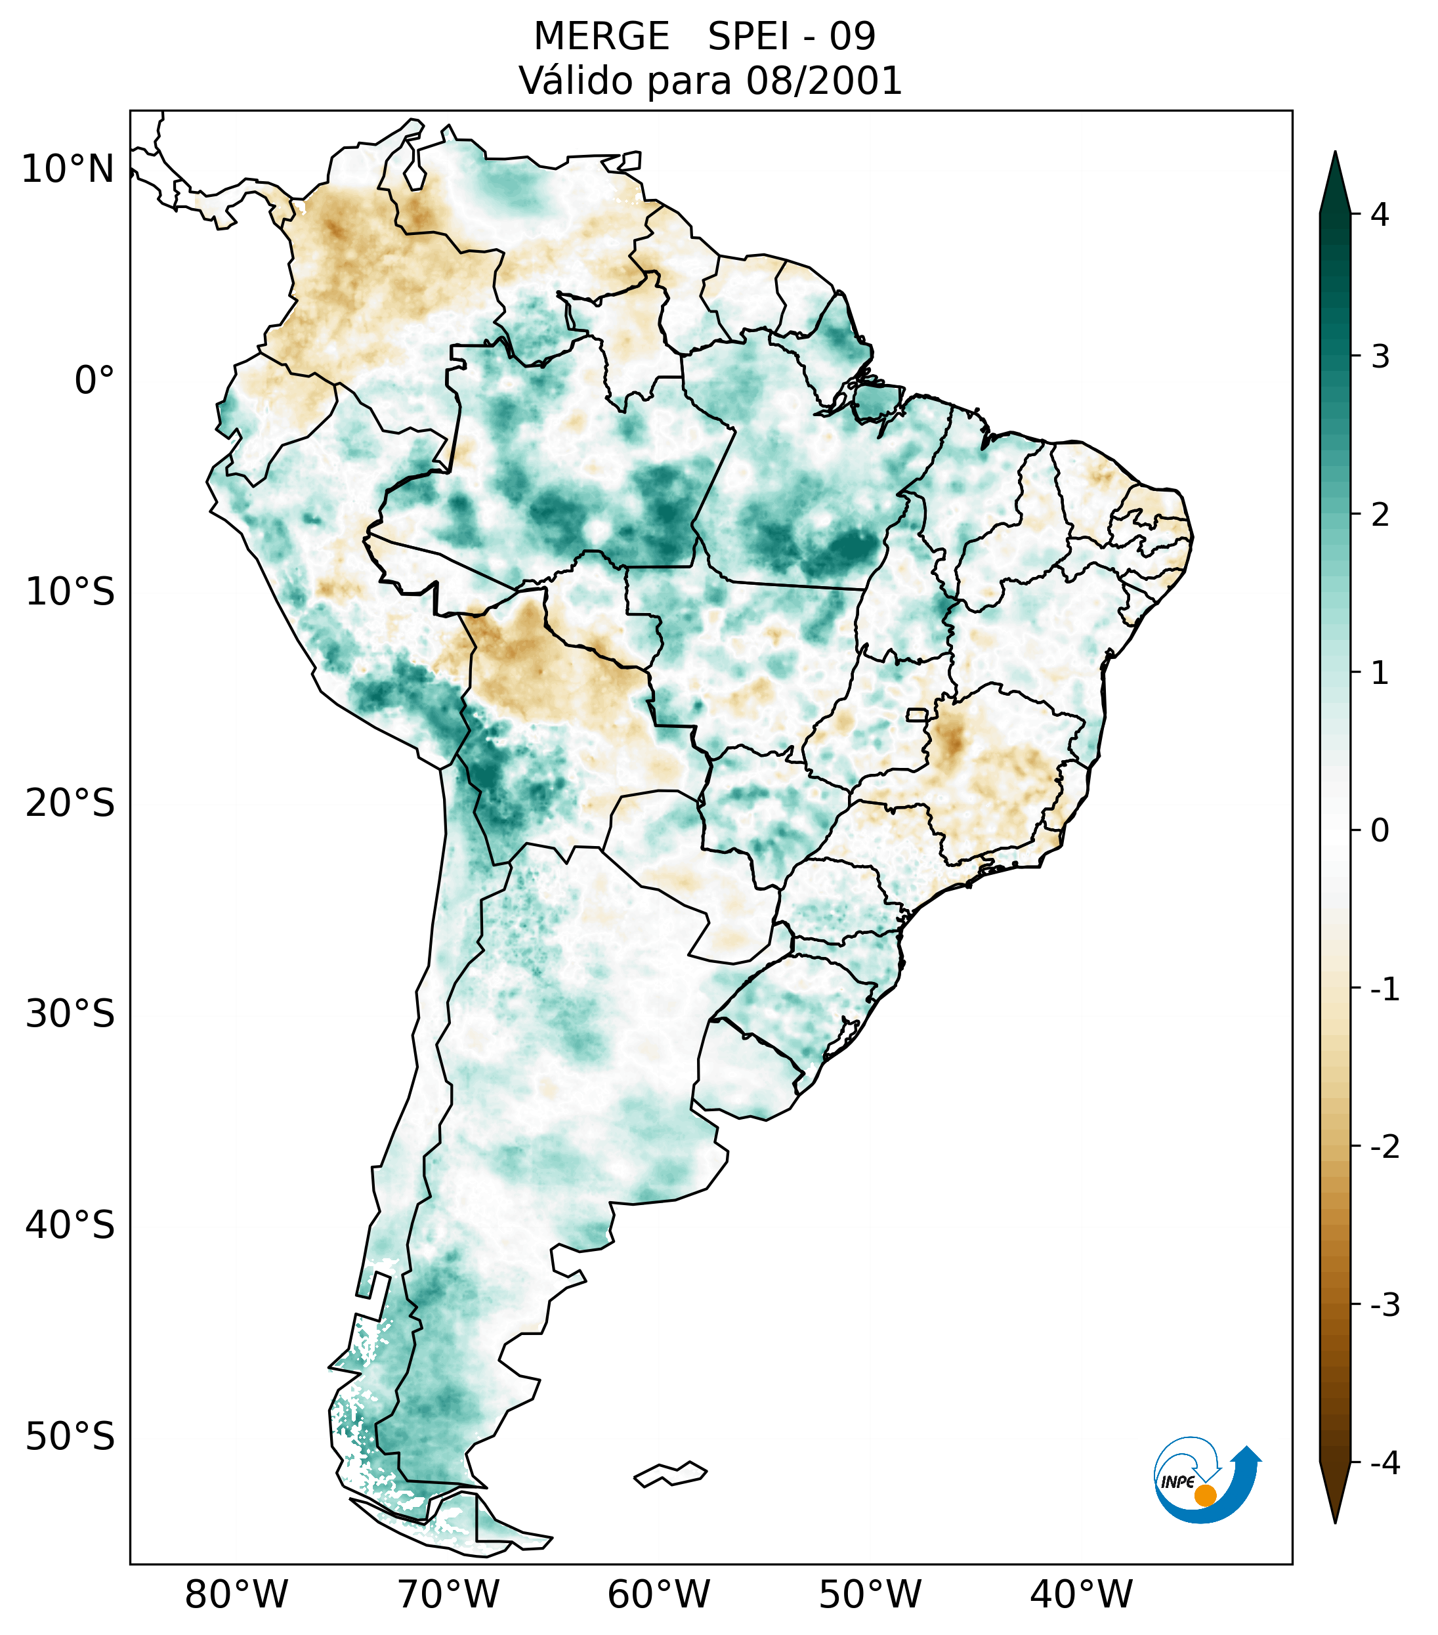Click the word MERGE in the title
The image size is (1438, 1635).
601,37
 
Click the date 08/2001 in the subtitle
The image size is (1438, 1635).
824,81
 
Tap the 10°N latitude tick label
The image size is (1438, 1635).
68,169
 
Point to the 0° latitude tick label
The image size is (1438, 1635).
95,381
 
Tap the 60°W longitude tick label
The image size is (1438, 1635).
658,1594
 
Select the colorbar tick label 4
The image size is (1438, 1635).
1380,215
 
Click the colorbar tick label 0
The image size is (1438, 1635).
1380,831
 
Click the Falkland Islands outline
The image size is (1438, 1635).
671,1474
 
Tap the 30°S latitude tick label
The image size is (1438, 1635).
70,1014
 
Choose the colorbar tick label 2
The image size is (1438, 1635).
1380,515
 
